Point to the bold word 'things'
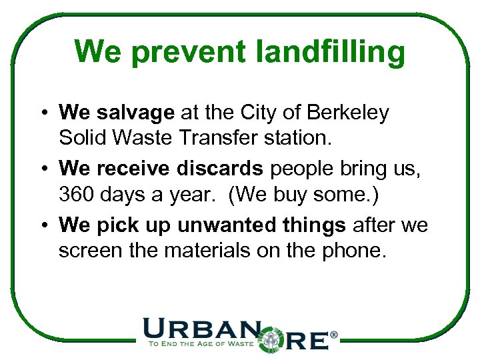click(313, 225)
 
